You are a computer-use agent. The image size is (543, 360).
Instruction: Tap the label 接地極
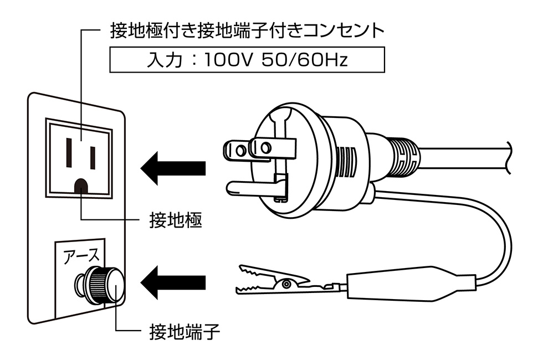(175, 221)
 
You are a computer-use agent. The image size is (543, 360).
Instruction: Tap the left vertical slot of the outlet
(69, 152)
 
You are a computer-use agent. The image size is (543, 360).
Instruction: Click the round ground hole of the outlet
(81, 186)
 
